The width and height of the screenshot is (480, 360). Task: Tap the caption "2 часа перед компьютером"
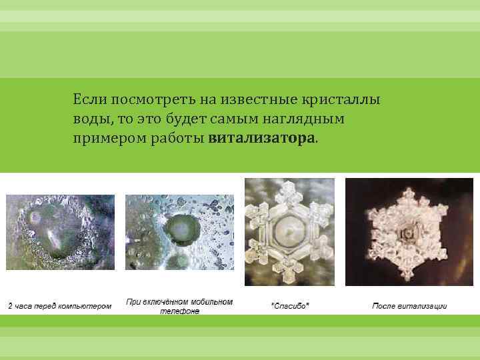pos(59,306)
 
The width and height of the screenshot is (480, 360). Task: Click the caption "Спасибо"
pos(289,306)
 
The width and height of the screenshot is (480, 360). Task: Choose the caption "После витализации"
pos(409,306)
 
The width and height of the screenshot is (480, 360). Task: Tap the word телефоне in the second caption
pos(179,311)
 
